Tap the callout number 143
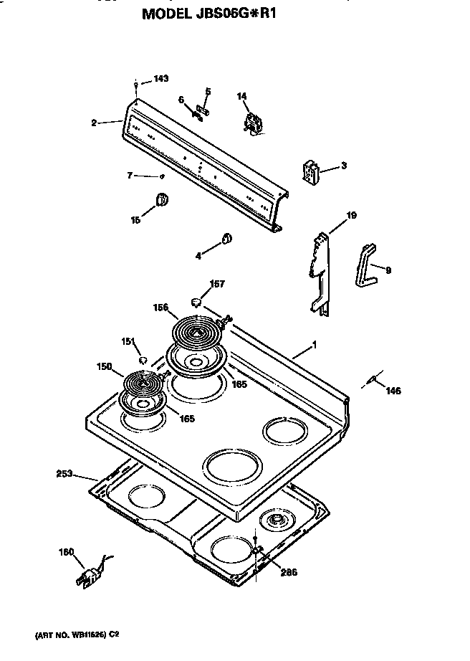click(x=161, y=80)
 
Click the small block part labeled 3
click(x=310, y=173)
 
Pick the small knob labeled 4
click(x=225, y=239)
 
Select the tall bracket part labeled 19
click(x=319, y=272)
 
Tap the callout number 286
click(x=288, y=571)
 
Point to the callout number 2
click(x=93, y=123)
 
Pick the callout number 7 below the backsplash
click(x=130, y=175)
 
